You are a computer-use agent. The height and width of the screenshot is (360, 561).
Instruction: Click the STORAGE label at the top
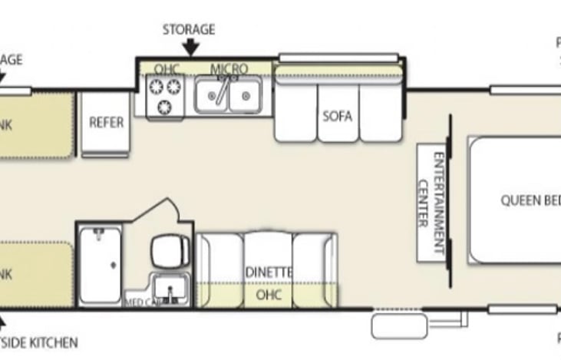pos(189,30)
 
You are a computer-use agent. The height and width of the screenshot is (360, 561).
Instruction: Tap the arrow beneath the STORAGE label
pos(191,48)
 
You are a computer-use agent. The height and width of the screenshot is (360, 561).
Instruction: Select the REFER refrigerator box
pos(106,123)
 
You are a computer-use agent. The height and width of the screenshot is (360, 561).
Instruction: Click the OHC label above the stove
pos(166,69)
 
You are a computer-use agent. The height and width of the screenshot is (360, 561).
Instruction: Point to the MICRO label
pos(229,69)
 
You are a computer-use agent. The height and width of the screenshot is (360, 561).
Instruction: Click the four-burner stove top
pos(164,97)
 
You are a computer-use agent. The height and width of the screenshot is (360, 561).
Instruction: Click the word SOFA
pos(338,117)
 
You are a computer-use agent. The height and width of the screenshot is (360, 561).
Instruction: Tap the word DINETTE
pos(269,272)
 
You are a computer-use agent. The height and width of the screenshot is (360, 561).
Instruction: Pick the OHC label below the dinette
pos(268,294)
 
